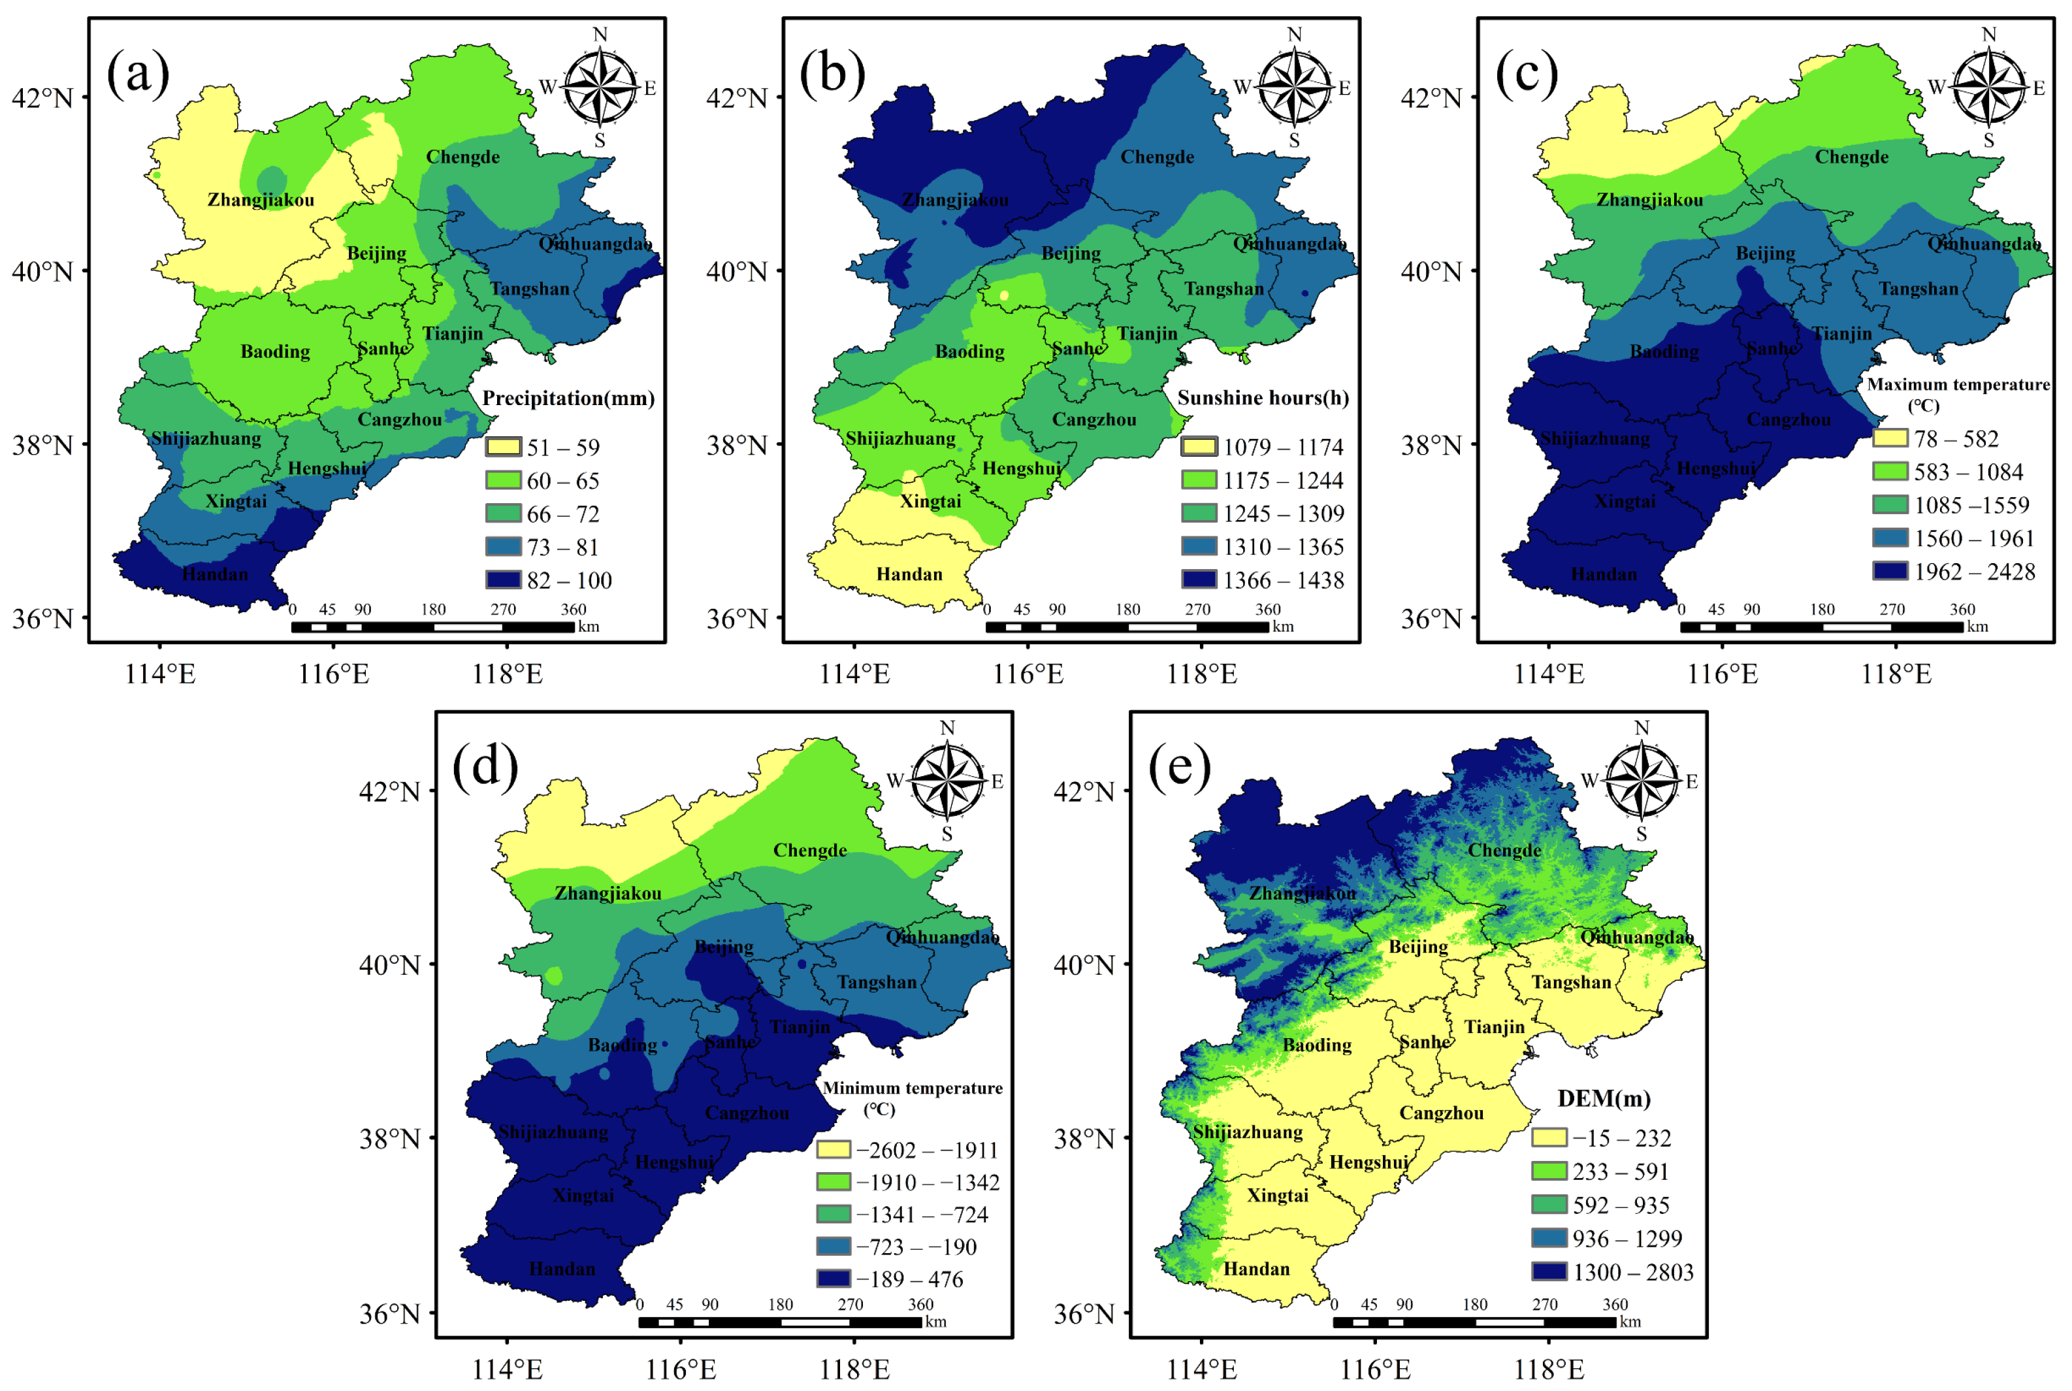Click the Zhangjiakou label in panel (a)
(261, 200)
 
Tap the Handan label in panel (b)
(909, 574)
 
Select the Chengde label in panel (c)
(1851, 157)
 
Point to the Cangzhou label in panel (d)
(747, 1113)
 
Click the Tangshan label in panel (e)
(1571, 982)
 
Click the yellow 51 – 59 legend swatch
(503, 447)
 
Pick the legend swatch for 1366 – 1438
(1198, 580)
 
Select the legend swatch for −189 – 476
(834, 1279)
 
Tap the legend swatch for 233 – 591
(1549, 1171)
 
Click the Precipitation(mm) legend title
(568, 399)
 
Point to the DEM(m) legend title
(1604, 1098)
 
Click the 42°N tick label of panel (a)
(42, 97)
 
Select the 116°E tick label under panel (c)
(1722, 675)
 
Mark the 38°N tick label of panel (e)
(1083, 1139)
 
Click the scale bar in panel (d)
(780, 1322)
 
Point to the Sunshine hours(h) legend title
(1262, 399)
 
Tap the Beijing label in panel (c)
(1765, 254)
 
